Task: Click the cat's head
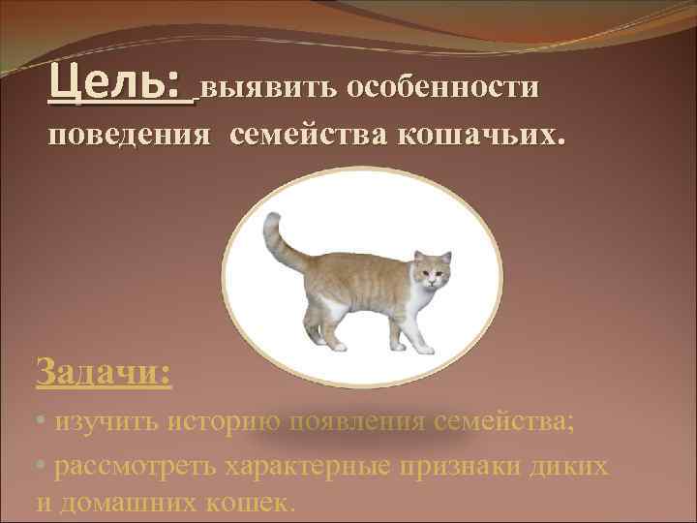(x=430, y=270)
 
